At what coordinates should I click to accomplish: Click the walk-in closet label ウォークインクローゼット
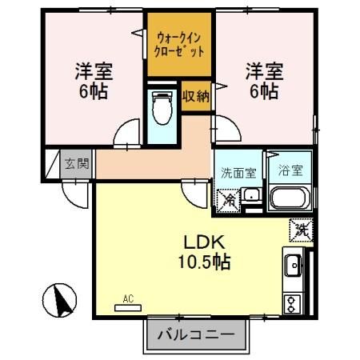(179, 42)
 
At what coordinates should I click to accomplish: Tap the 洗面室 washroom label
(238, 170)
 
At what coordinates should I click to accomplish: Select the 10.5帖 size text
(203, 262)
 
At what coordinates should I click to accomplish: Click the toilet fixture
(162, 108)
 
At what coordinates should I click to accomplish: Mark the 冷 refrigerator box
(227, 198)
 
